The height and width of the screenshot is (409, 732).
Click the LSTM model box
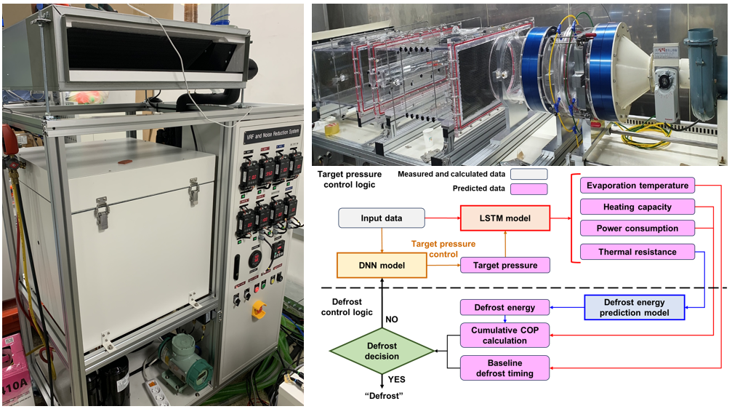coord(505,218)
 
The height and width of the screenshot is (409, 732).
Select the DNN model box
coord(382,266)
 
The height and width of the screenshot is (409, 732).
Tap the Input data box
coord(382,218)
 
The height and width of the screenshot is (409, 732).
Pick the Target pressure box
coord(505,266)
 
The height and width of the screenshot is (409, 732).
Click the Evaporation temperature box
coord(638,186)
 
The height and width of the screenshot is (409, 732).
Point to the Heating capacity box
coord(638,207)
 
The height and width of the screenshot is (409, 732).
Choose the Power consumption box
coord(638,229)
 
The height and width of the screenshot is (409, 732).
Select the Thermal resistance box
coord(638,252)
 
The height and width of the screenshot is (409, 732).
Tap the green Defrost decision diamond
coord(382,351)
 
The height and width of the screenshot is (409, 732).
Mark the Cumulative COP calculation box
coord(505,335)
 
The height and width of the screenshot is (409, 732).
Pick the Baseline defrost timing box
coord(505,368)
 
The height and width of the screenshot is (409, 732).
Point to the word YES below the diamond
coord(397,379)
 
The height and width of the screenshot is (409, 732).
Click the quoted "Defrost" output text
coord(382,395)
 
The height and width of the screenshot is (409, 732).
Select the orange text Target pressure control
coord(443,249)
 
